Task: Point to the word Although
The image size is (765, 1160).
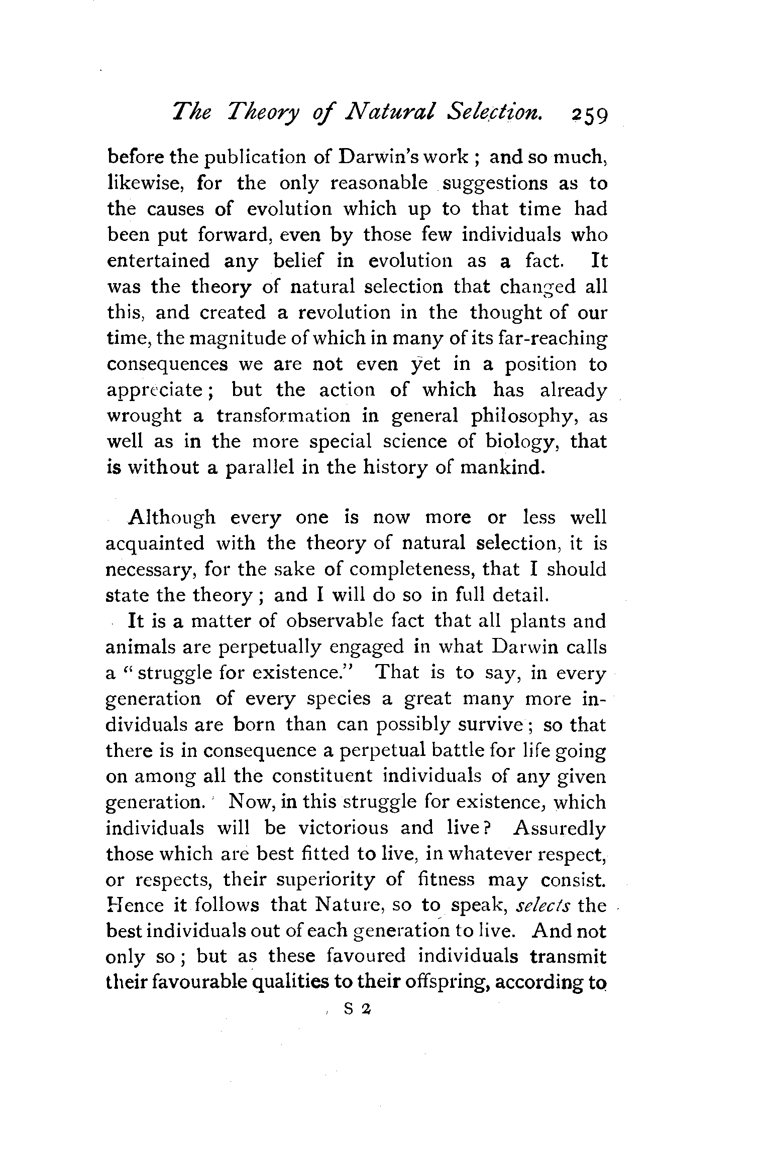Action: [x=172, y=517]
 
